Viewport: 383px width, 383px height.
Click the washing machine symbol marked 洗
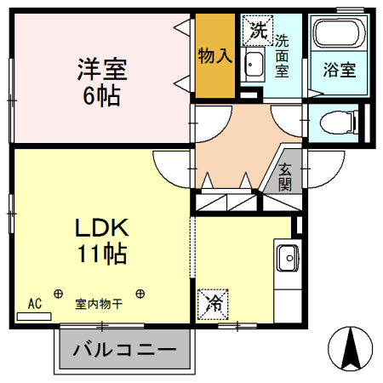pos(257,31)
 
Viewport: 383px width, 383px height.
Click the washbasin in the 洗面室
pos(254,62)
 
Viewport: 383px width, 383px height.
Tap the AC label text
pos(34,302)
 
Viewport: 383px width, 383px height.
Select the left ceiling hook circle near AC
pos(58,294)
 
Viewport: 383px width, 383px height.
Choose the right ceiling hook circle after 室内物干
pos(140,294)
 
